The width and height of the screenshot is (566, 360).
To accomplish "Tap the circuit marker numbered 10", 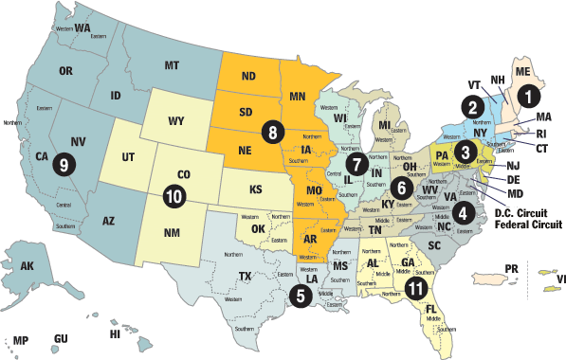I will coord(173,197).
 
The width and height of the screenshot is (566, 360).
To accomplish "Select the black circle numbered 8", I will coord(272,134).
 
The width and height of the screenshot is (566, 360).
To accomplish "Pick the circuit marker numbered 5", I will coord(300,296).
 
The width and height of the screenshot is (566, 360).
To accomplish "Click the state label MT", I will coord(172,65).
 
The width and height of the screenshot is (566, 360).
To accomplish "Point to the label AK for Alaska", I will coord(27,266).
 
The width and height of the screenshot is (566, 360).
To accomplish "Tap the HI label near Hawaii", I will coord(116,334).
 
